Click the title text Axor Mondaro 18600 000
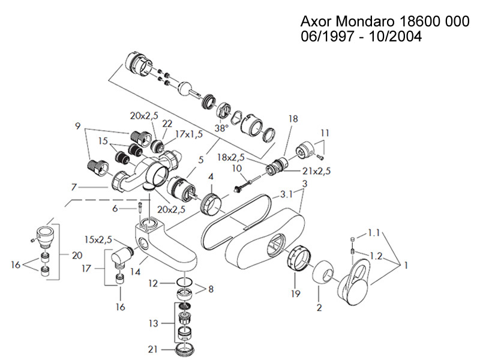coord(384,22)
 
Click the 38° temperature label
coord(222,128)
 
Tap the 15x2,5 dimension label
coord(98,240)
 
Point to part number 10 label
coord(236,169)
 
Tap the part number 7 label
coord(74,187)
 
